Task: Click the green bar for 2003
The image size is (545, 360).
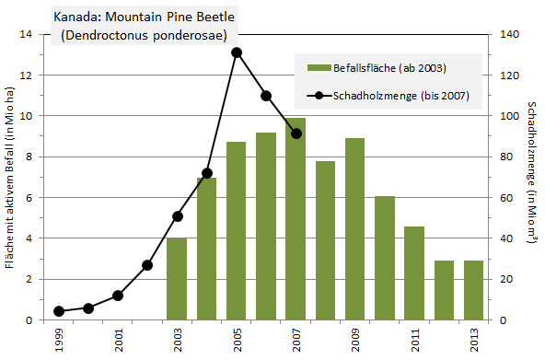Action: pos(177,278)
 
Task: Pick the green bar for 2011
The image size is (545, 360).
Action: pos(414,273)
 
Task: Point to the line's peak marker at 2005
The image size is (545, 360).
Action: pos(237,52)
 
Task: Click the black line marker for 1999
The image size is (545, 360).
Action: pos(59,311)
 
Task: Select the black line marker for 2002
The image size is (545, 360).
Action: pos(147,265)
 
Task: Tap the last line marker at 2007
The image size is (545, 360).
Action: pos(296,134)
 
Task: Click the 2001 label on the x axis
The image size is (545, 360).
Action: pos(118,339)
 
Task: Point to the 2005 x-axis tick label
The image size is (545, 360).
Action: pos(237,339)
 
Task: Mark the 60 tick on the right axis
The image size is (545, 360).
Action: pos(507,197)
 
